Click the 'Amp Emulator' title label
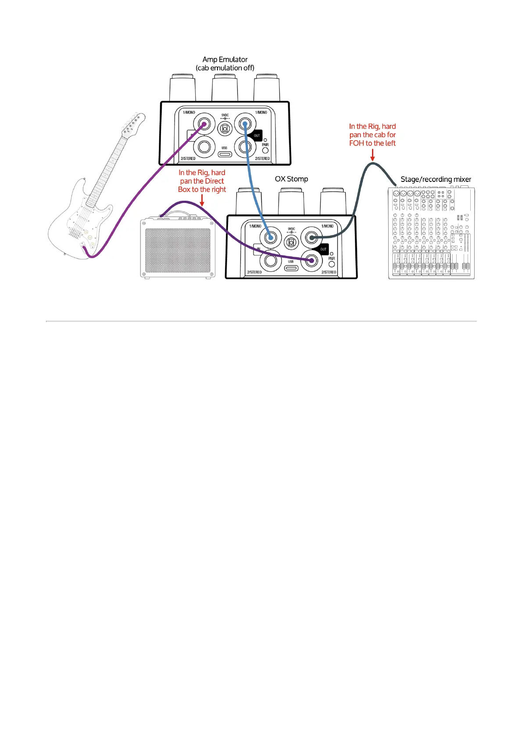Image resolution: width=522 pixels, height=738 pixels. (225, 59)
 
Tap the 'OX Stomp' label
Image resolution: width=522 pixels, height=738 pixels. (291, 179)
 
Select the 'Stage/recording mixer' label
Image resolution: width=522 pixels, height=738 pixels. (436, 179)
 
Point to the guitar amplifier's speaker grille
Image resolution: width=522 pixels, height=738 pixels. (178, 250)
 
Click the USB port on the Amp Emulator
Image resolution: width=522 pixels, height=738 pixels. (225, 154)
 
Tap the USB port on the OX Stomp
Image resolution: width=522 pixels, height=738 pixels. (291, 267)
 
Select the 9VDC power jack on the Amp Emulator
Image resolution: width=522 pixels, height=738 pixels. (225, 128)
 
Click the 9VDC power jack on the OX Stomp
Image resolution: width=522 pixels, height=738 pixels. (291, 242)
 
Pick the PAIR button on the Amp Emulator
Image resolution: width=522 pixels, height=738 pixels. (265, 150)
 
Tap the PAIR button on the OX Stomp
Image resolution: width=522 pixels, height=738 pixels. (332, 264)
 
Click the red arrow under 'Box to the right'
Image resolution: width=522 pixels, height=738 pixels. (202, 200)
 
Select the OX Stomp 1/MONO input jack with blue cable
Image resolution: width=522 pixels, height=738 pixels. (270, 238)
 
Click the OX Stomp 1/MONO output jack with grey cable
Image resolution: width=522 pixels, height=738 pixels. (311, 238)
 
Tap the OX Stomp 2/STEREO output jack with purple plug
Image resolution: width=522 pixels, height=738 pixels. (311, 260)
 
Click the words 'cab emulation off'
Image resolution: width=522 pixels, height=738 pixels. (225, 68)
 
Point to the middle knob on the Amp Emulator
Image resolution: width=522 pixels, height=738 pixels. (225, 88)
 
